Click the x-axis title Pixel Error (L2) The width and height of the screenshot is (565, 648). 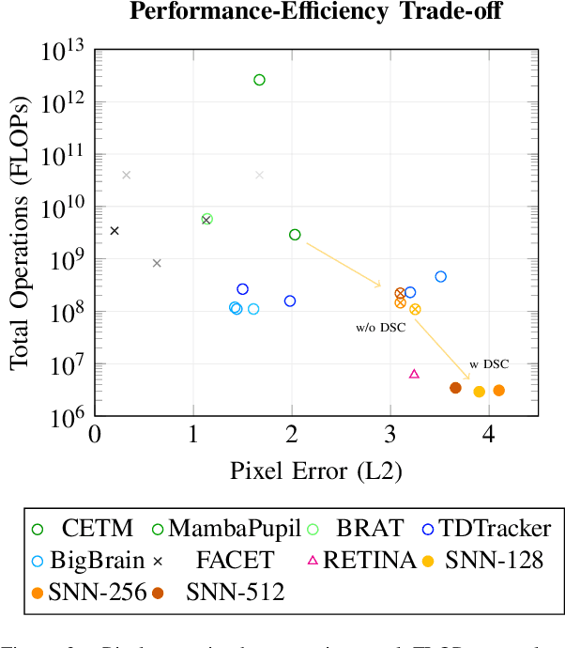pyautogui.click(x=315, y=470)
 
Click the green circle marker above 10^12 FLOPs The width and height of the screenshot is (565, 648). pyautogui.click(x=259, y=80)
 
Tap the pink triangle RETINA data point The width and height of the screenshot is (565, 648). pyautogui.click(x=414, y=374)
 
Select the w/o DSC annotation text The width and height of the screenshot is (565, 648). pyautogui.click(x=381, y=328)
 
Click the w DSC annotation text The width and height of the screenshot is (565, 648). pyautogui.click(x=489, y=363)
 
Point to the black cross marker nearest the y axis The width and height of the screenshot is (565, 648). pyautogui.click(x=115, y=230)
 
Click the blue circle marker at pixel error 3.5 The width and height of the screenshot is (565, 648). pyautogui.click(x=440, y=276)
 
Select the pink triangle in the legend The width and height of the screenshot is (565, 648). pyautogui.click(x=313, y=561)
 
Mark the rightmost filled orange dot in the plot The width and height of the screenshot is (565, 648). pyautogui.click(x=498, y=390)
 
